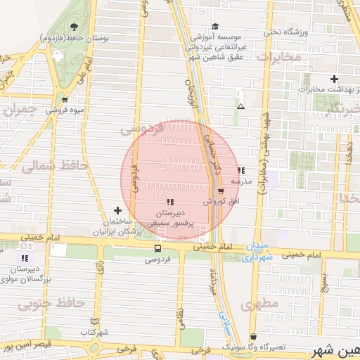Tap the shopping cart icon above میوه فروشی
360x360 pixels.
tap(65, 100)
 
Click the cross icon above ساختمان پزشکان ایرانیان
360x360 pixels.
tap(117, 210)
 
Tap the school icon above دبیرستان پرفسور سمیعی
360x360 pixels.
tap(169, 202)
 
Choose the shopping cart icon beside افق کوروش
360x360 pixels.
tap(221, 190)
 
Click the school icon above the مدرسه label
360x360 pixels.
tap(241, 170)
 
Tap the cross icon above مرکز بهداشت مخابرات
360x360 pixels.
tap(334, 79)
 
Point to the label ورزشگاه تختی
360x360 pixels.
tap(288, 32)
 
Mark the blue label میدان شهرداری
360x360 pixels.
tap(257, 252)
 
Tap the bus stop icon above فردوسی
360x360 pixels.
tap(157, 248)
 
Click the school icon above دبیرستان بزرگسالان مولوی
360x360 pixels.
tap(26, 258)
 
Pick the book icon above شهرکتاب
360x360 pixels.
tap(95, 321)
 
